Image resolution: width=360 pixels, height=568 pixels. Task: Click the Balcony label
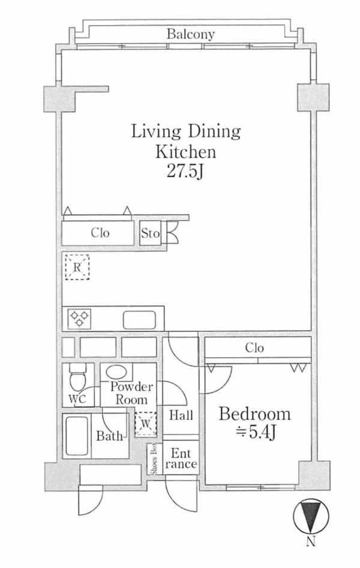click(x=191, y=34)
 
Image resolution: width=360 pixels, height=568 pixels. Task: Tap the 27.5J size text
click(x=185, y=171)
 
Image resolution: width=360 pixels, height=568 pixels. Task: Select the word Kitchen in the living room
click(x=185, y=151)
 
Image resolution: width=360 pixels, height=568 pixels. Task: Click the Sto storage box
click(x=151, y=233)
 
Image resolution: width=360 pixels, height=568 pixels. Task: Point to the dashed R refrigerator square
click(x=77, y=268)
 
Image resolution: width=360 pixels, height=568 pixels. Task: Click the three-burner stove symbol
click(x=79, y=318)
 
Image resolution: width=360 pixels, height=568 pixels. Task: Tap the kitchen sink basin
click(x=140, y=320)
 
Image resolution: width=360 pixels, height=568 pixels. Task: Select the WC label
click(x=77, y=399)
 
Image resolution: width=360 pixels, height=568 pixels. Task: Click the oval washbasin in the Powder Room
click(x=116, y=372)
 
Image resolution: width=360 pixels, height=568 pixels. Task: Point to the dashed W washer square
click(x=146, y=423)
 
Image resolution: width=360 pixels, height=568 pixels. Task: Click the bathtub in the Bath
click(x=77, y=436)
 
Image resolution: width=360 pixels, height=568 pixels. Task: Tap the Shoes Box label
click(x=154, y=459)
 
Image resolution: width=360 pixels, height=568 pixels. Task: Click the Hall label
click(x=181, y=415)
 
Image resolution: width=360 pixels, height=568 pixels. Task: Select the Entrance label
click(x=181, y=458)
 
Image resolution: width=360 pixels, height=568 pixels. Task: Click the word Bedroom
click(x=254, y=414)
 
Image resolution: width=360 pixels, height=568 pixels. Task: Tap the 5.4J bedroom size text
click(x=256, y=432)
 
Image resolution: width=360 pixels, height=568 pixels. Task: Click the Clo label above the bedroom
click(x=254, y=348)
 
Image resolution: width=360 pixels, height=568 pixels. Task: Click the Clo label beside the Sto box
click(x=100, y=233)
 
